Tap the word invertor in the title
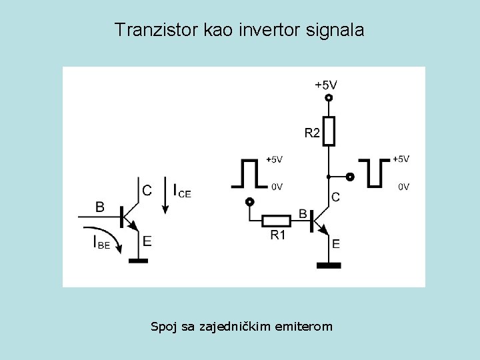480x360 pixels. click(x=262, y=30)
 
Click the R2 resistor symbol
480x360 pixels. click(x=328, y=130)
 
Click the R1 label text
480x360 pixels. click(x=278, y=235)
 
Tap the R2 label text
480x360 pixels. click(x=312, y=133)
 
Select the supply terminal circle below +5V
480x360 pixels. click(x=328, y=98)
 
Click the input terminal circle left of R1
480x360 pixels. click(x=249, y=202)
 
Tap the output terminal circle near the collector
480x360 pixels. click(x=350, y=177)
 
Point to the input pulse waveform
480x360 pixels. click(x=249, y=173)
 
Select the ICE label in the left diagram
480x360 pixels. click(x=181, y=191)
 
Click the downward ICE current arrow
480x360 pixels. click(x=165, y=200)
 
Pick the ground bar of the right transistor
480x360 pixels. click(x=328, y=265)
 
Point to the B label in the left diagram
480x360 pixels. click(x=99, y=207)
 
